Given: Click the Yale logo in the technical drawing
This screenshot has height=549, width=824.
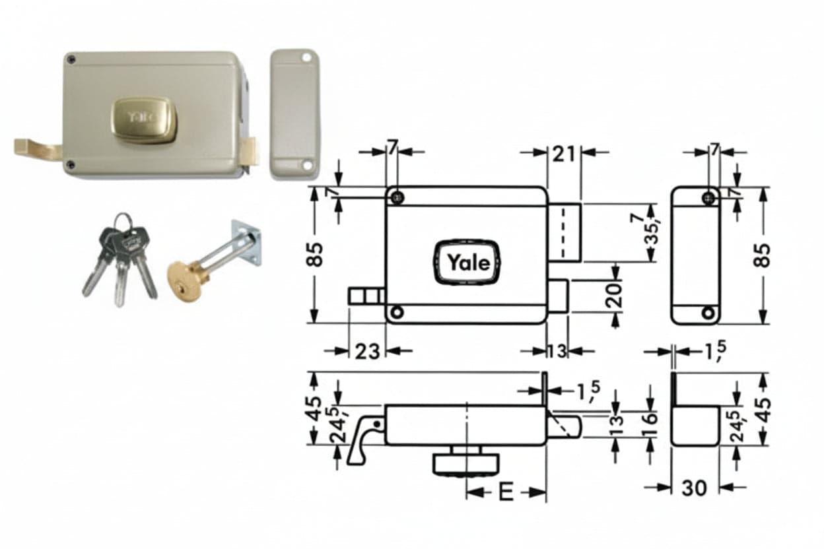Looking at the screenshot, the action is [467, 263].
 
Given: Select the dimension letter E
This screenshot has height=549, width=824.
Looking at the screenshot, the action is [506, 492].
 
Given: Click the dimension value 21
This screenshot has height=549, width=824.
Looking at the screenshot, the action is [564, 154].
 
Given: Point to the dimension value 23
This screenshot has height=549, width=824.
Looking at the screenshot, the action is [367, 351].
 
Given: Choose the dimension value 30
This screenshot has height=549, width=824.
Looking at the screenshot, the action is [695, 488].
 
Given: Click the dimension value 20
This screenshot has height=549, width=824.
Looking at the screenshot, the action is [613, 295].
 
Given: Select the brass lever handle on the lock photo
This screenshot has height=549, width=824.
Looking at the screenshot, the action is [38, 150].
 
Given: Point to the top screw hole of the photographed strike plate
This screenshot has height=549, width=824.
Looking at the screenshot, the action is [306, 58].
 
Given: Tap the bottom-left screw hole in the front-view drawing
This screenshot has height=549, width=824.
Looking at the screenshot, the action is [397, 313].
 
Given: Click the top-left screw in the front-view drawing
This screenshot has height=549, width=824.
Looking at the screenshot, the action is [397, 198].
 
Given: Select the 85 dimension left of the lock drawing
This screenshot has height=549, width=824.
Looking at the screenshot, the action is [315, 254].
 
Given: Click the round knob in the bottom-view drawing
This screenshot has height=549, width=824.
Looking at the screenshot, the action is [466, 461].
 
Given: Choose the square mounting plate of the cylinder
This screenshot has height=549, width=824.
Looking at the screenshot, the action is [246, 242].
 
